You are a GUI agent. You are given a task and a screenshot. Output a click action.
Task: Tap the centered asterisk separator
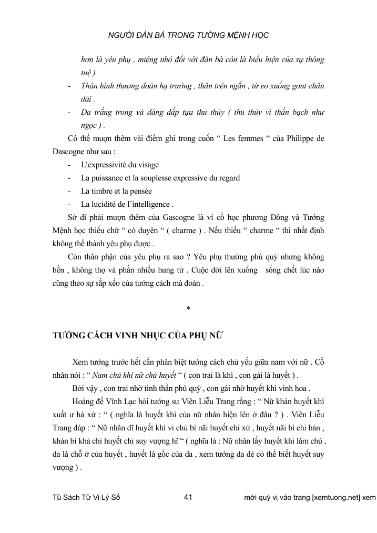coord(188,308)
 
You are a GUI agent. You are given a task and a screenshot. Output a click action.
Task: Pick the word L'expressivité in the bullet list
coord(105,165)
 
